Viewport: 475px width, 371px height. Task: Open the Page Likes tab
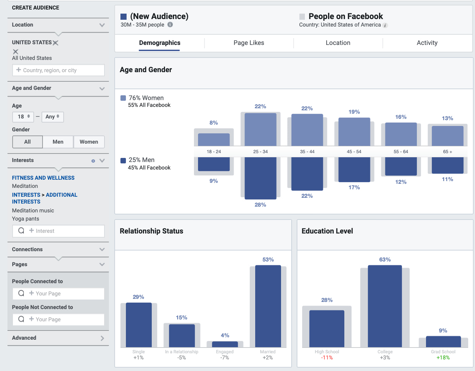249,43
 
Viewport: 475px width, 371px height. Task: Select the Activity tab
427,43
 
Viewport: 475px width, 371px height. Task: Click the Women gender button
89,142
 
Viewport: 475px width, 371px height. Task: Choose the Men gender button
58,142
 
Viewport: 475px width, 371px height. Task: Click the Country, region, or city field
59,70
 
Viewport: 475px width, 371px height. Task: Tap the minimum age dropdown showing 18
23,117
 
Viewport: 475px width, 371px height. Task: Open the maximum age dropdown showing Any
52,117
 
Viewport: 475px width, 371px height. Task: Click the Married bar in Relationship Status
268,306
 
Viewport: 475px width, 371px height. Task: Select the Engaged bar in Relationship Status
225,344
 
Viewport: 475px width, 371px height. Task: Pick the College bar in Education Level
385,306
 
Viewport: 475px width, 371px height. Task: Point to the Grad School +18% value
443,358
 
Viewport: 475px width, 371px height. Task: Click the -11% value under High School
327,358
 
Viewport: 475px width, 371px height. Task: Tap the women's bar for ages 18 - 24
214,140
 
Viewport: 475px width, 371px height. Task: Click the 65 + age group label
447,152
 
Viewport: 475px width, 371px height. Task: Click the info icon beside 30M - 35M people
170,25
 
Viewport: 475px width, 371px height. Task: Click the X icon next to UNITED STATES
56,43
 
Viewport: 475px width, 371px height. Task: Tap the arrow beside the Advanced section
102,338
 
